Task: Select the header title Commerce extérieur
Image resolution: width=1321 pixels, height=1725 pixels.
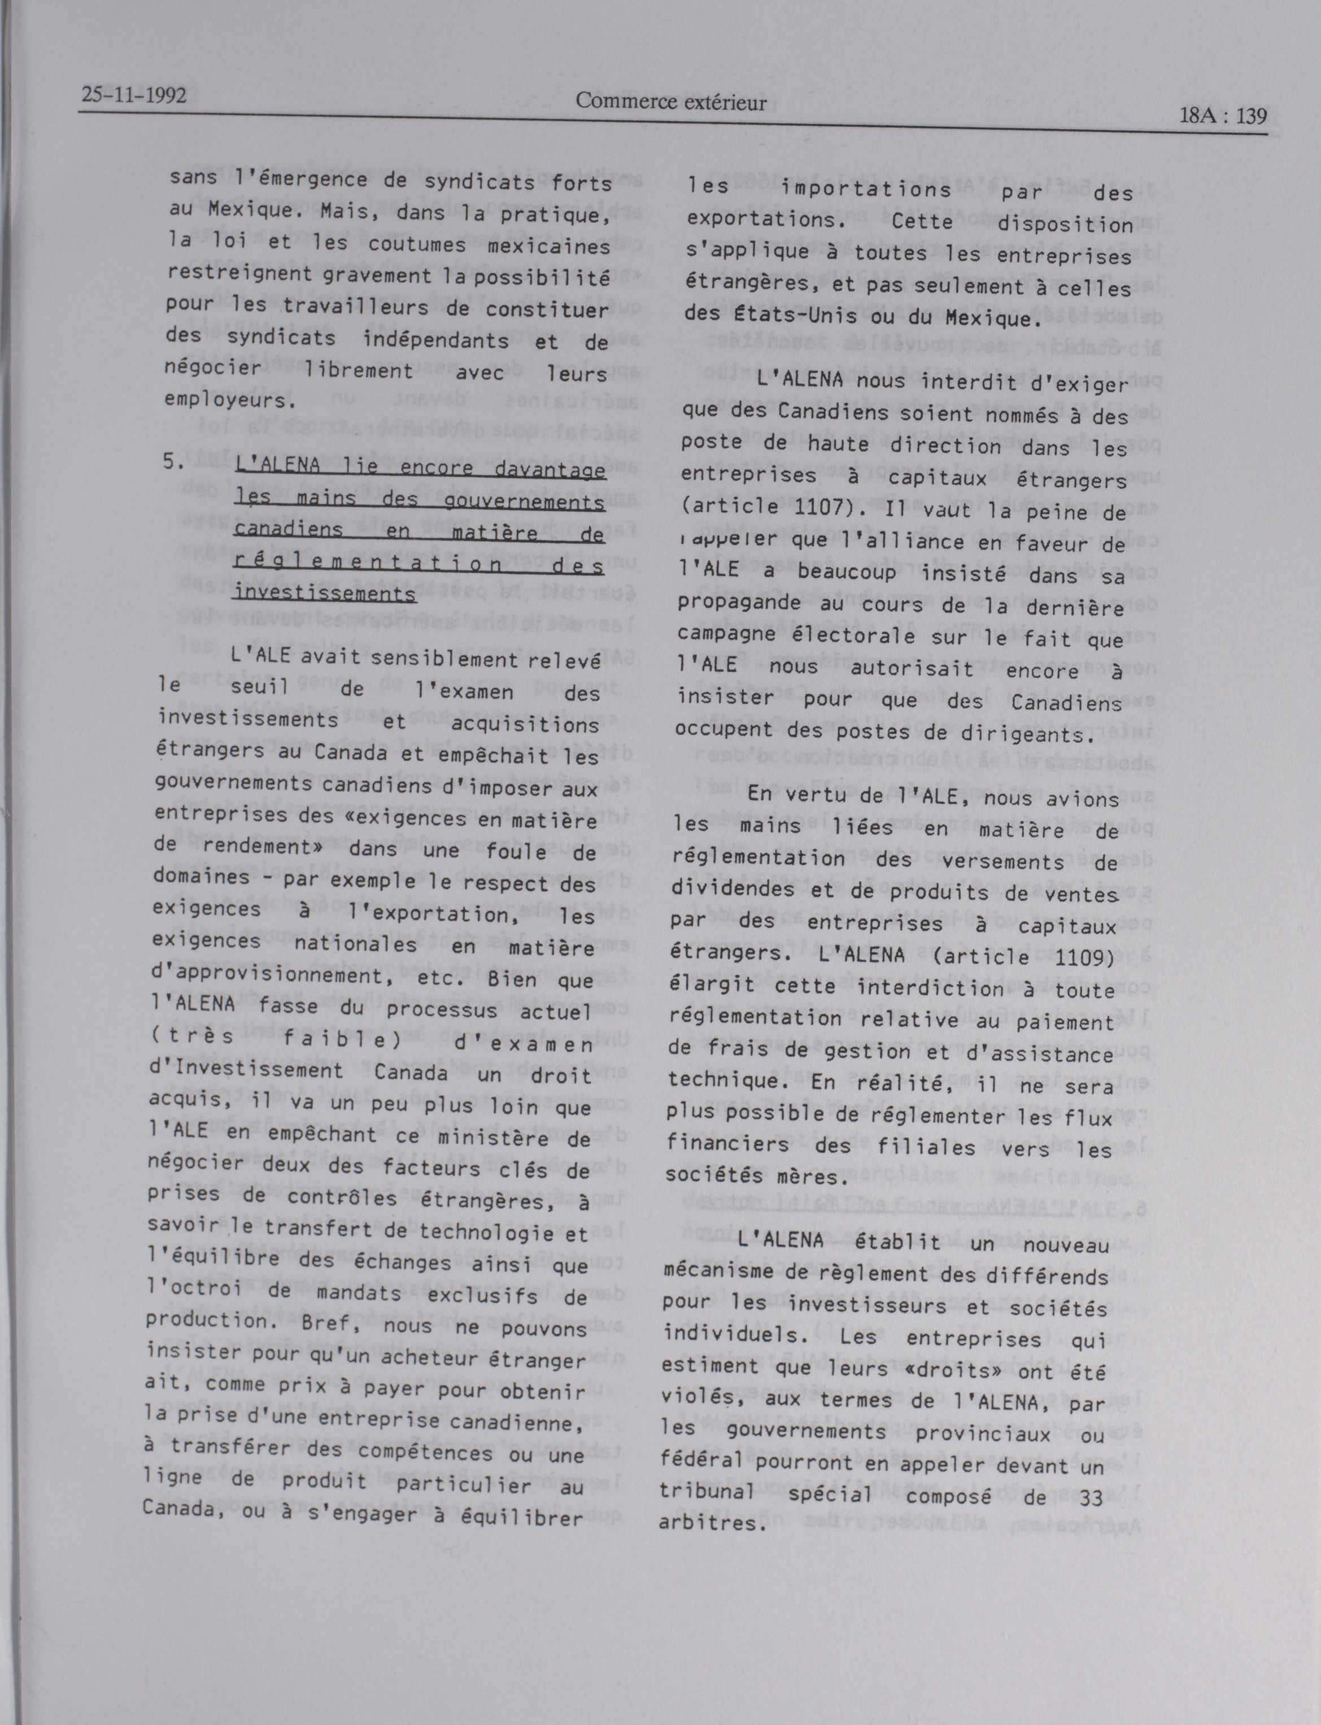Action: (x=671, y=102)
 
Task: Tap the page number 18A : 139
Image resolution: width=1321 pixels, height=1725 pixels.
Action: (x=1223, y=116)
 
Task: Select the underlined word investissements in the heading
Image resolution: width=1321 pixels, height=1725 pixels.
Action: (x=325, y=592)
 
